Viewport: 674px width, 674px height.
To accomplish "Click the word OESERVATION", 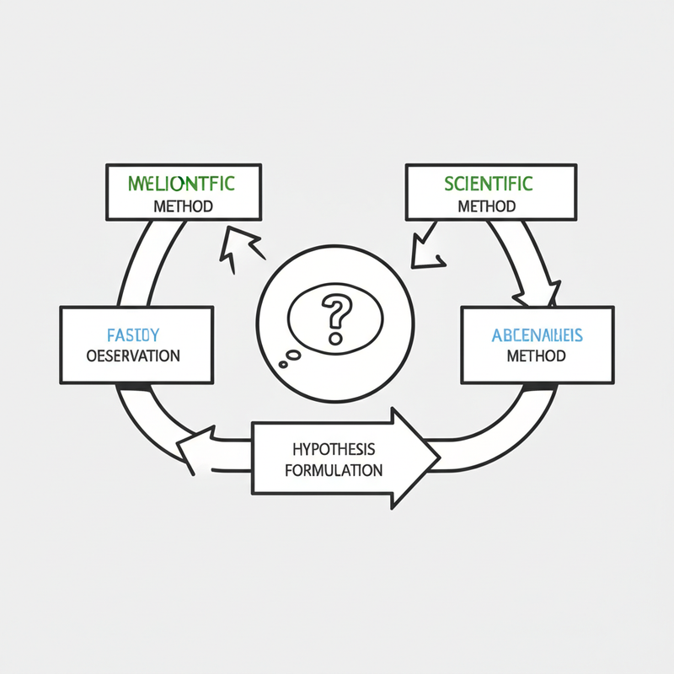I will click(134, 356).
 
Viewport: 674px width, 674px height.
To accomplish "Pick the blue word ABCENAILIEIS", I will click(537, 335).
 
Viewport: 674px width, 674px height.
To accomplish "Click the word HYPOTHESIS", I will click(334, 447).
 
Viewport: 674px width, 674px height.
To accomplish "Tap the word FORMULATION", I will click(334, 469).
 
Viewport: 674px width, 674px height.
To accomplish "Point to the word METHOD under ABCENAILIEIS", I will click(537, 356).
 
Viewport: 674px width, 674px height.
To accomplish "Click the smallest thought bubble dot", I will click(282, 363).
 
